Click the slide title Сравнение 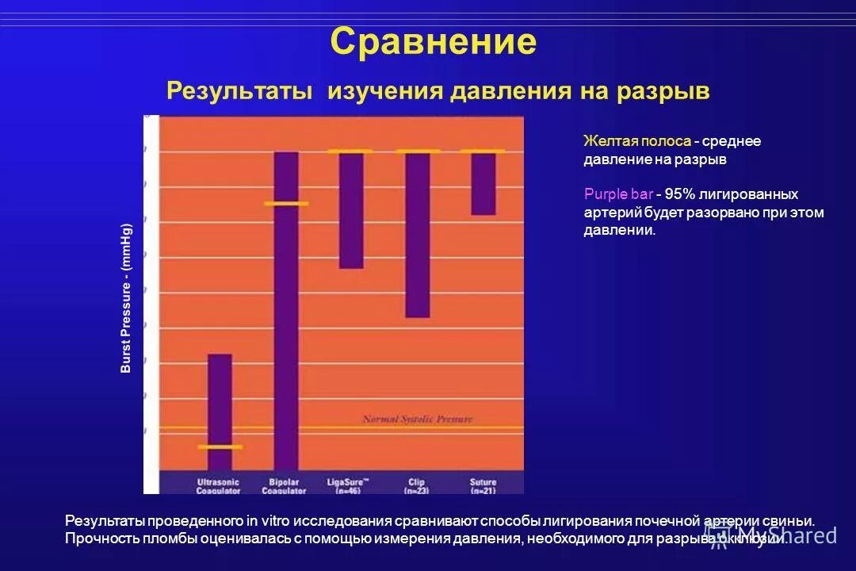click(x=433, y=41)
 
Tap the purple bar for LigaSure click(x=351, y=211)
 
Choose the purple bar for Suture click(x=483, y=184)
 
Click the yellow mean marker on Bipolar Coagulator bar click(x=286, y=204)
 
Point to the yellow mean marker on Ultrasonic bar click(x=220, y=447)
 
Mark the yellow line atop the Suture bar click(x=483, y=151)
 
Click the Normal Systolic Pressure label click(x=417, y=419)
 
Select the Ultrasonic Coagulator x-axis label click(x=219, y=486)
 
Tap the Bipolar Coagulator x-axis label click(x=284, y=486)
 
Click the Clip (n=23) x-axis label click(x=417, y=486)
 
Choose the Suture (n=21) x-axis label click(x=482, y=486)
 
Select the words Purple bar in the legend click(x=618, y=194)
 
